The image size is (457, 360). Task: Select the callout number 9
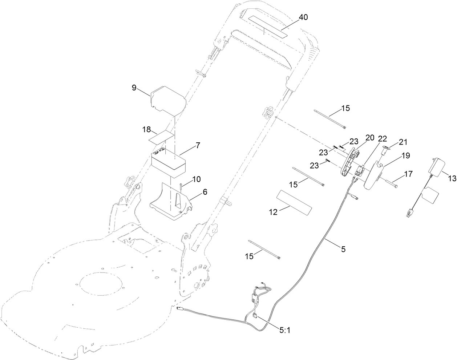coord(134,88)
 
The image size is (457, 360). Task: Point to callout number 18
coord(146,129)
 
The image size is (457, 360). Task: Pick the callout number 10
coord(196,179)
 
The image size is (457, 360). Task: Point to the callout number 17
coord(408,174)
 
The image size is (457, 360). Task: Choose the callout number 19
coord(405,155)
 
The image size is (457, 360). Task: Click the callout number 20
coord(369,137)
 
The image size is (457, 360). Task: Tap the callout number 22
coord(382,139)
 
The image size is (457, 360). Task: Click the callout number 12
coord(273,212)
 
